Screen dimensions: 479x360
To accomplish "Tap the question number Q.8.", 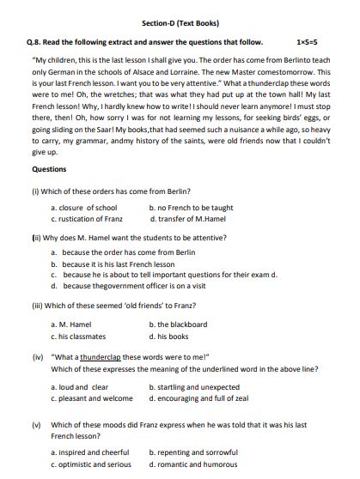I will (36, 41).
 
